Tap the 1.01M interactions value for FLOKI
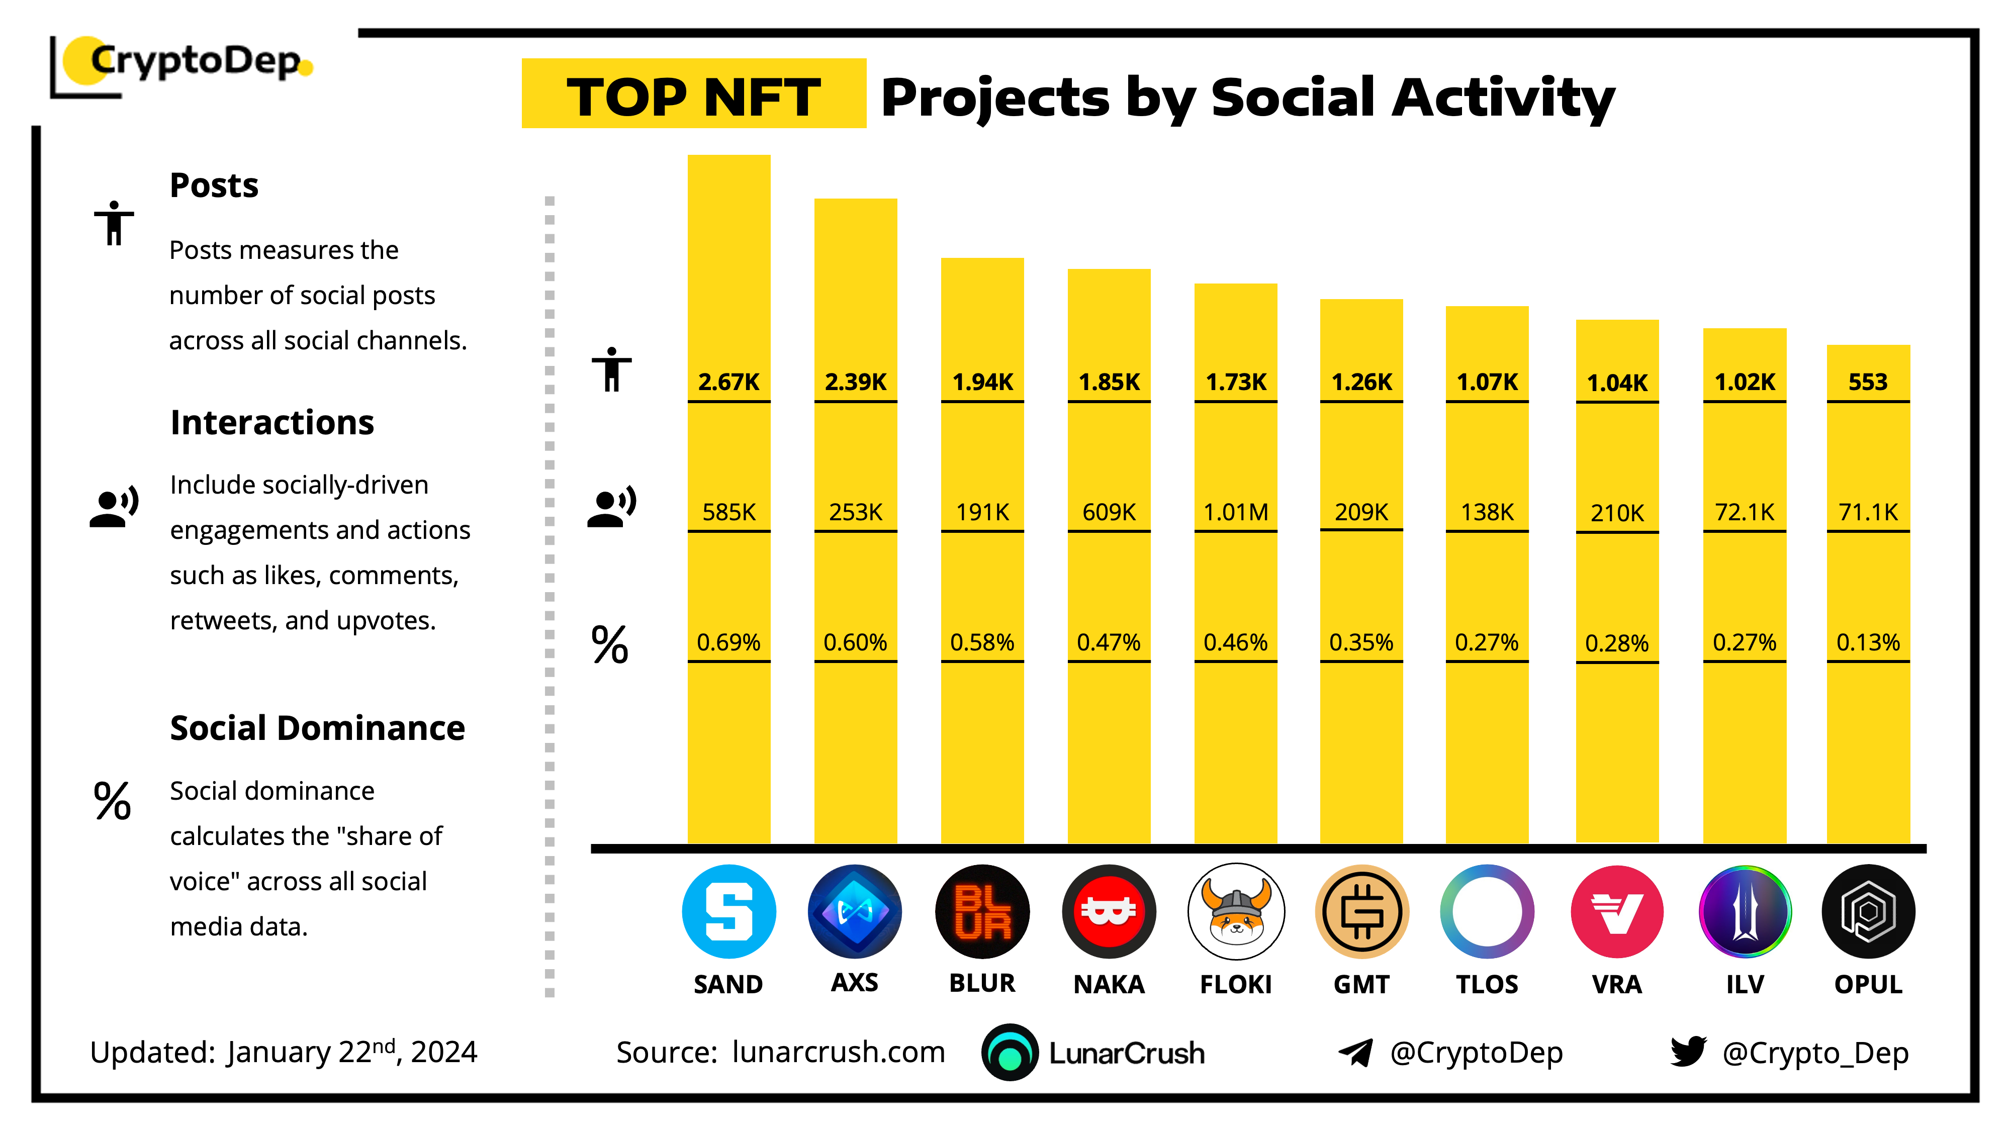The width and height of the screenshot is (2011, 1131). (1235, 512)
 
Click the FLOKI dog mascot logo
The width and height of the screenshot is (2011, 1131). (1235, 912)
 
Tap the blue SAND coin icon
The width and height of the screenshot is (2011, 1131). (728, 912)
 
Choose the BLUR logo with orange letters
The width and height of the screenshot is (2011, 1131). (982, 912)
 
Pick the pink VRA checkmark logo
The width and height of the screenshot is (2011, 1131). (1617, 912)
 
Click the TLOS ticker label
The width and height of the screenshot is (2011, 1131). (1487, 984)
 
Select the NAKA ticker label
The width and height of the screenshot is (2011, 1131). (1109, 984)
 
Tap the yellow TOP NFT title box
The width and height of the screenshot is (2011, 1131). (693, 93)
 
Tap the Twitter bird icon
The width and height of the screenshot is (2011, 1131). (1688, 1052)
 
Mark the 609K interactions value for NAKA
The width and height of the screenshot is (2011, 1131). (1109, 512)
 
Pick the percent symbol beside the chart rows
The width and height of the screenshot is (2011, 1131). (610, 645)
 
